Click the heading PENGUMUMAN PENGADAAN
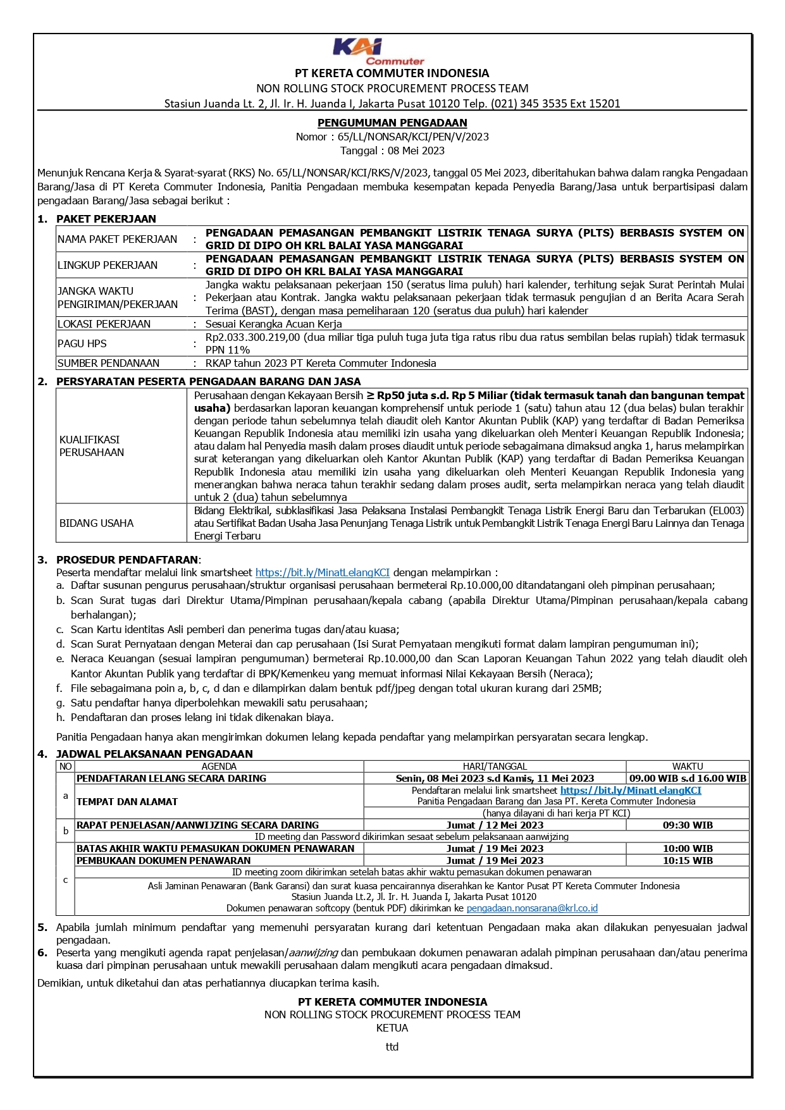(392, 123)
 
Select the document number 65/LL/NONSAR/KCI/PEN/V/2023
(412, 137)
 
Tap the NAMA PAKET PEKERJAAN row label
(117, 239)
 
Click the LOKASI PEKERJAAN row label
(104, 324)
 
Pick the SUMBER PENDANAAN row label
(108, 363)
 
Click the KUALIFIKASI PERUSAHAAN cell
(92, 446)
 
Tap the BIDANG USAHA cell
(96, 523)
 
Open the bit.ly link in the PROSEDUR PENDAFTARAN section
(323, 572)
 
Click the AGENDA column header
(219, 766)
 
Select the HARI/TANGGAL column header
(495, 766)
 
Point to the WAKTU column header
(688, 766)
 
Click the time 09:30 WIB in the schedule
(688, 825)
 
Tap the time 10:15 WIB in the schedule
(688, 860)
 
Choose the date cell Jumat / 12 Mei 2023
(495, 825)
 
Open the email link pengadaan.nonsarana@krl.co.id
(532, 908)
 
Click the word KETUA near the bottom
(392, 1028)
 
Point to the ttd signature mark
(392, 1047)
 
